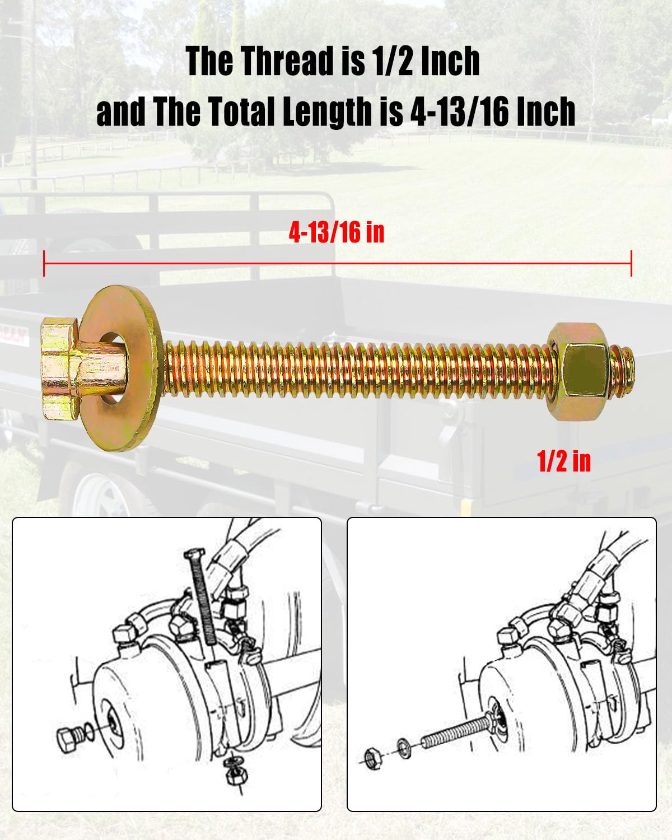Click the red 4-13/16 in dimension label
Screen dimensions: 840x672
coord(336,232)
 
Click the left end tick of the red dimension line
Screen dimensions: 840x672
coord(44,263)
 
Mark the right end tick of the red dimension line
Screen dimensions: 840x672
coord(631,263)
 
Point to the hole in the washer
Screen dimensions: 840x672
coord(116,368)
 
